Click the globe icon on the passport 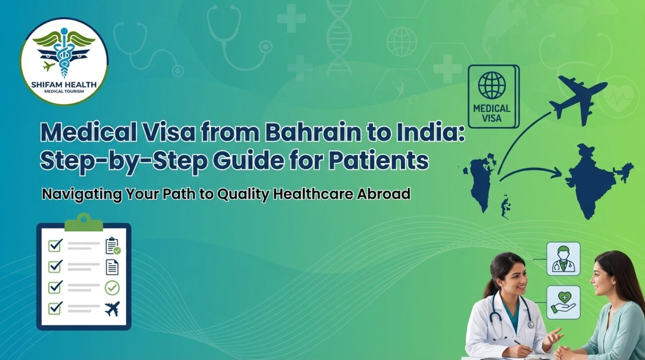(x=492, y=85)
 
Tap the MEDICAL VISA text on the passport (x=492, y=113)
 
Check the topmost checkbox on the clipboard (x=55, y=245)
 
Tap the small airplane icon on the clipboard (x=112, y=309)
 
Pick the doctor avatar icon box (x=563, y=259)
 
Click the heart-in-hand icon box (x=563, y=301)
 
